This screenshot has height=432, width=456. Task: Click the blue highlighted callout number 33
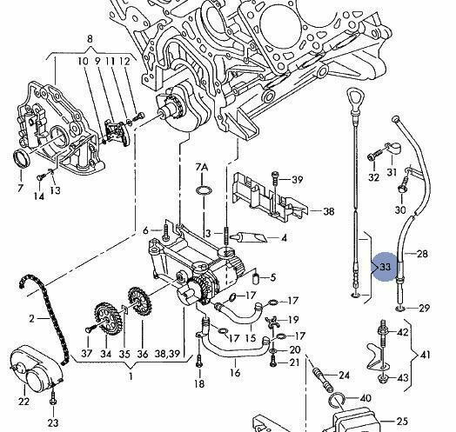point(385,267)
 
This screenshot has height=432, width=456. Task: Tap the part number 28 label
point(422,254)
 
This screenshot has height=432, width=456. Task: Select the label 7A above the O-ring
point(202,168)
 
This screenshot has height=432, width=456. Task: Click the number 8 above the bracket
point(90,39)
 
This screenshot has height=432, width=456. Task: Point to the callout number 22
point(23,402)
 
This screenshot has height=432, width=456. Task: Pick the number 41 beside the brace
point(426,355)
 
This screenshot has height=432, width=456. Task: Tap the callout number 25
point(402,421)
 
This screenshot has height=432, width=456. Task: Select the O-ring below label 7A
point(204,190)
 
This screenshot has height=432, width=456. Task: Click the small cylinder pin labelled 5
point(255,279)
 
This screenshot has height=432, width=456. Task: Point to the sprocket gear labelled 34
point(105,318)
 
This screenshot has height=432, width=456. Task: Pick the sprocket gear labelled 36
point(140,302)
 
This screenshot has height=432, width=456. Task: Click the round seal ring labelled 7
point(22,158)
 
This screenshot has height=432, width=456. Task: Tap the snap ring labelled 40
point(337,401)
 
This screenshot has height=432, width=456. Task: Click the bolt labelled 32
point(374,154)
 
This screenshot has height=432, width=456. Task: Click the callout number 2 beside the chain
point(31,319)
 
